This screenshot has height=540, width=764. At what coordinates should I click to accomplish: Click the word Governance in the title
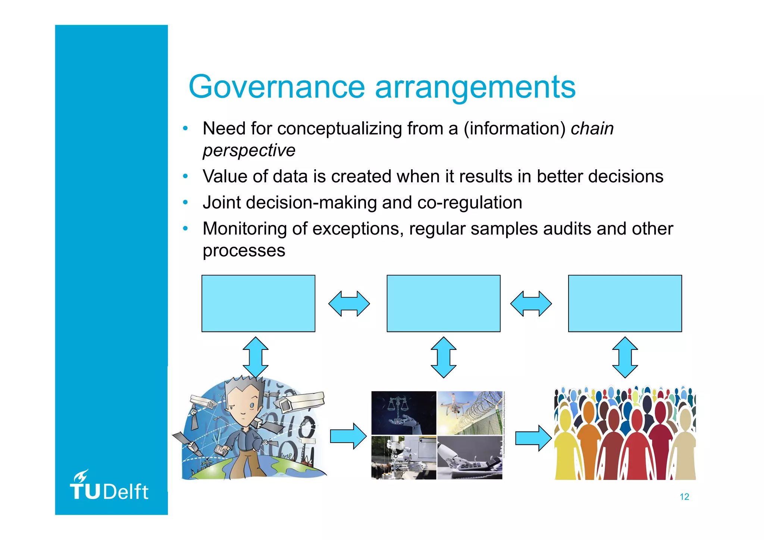276,87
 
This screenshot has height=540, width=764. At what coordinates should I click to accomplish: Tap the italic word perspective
249,150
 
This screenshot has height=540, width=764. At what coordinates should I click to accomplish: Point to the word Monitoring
244,229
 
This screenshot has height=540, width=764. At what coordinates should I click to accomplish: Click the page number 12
684,497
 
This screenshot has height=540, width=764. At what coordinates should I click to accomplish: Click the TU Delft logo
109,486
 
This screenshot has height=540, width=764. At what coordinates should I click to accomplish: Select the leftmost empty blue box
258,303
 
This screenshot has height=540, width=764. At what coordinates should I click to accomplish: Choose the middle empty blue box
443,303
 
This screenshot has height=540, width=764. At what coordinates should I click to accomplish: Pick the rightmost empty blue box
624,303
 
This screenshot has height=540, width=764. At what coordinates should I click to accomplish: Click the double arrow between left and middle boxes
349,304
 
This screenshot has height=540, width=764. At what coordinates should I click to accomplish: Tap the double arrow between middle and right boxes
530,304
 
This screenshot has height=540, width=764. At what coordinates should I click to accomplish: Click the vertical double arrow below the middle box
443,357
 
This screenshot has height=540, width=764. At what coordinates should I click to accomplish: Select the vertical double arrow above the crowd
625,357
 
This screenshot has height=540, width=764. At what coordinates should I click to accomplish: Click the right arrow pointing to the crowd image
533,438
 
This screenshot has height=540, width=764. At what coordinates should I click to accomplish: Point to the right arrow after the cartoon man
348,436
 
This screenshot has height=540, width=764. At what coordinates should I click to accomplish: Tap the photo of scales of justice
403,413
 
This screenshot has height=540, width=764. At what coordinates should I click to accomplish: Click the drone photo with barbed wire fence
470,413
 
